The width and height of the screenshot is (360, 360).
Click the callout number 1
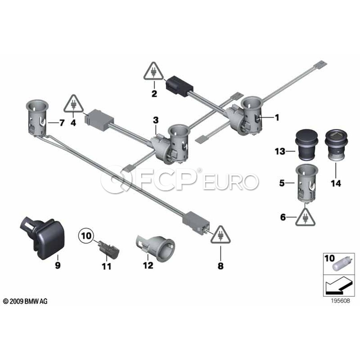click(x=277, y=118)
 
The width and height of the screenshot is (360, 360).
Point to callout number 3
click(x=156, y=120)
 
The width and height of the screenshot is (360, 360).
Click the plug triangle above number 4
click(x=74, y=104)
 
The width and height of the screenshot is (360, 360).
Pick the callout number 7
click(x=62, y=123)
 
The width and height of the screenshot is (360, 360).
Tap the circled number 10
click(x=86, y=236)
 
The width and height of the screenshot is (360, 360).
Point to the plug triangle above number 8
click(x=220, y=235)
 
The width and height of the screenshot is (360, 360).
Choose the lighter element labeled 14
click(x=336, y=145)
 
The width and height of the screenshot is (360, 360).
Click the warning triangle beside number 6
click(x=305, y=217)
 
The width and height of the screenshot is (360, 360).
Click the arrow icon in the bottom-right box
click(x=338, y=286)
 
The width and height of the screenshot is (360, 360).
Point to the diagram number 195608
click(x=340, y=301)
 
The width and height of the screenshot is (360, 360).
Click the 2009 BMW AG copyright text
click(x=26, y=301)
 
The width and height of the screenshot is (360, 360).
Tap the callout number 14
click(x=336, y=183)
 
